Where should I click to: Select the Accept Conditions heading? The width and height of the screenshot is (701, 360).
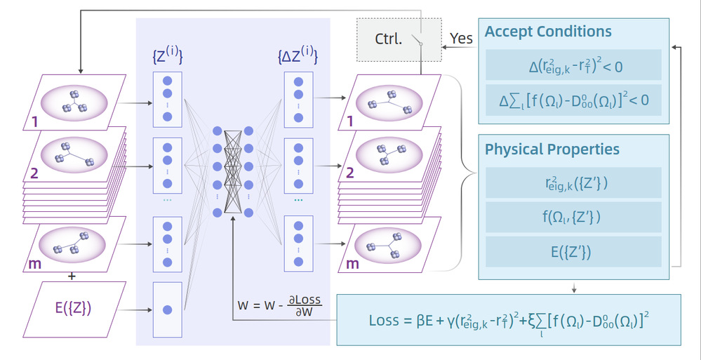(548, 32)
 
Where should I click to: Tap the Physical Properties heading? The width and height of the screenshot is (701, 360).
(552, 149)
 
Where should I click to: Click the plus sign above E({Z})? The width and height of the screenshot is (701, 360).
(72, 276)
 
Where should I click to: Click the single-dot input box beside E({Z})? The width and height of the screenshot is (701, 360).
(167, 309)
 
